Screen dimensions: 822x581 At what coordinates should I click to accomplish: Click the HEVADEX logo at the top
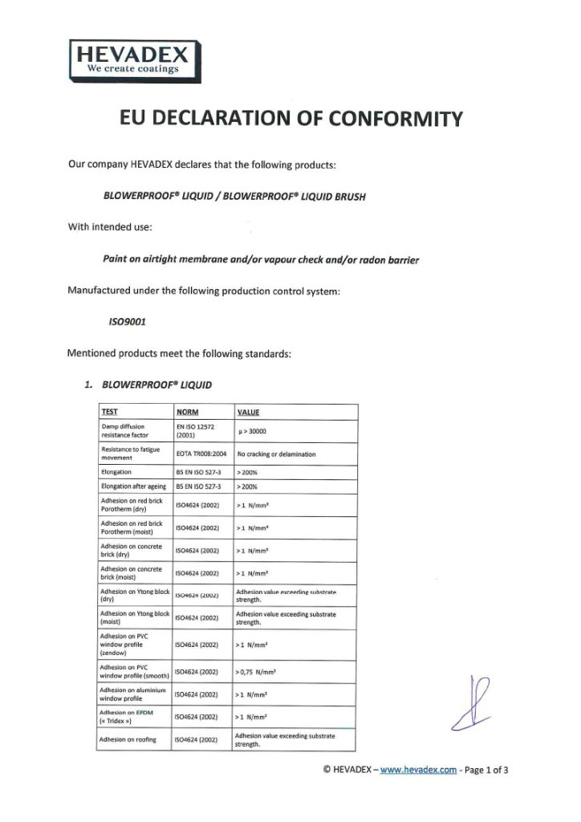(132, 59)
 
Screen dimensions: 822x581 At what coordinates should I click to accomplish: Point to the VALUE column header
(248, 413)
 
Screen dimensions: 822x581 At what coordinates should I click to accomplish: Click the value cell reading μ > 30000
(255, 431)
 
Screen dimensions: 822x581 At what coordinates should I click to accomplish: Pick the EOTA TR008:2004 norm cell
(200, 454)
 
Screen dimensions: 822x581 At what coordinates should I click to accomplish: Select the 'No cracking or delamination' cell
(276, 454)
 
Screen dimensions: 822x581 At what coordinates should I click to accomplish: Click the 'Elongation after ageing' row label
(133, 486)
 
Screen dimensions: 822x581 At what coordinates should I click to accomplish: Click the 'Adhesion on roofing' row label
(128, 739)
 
